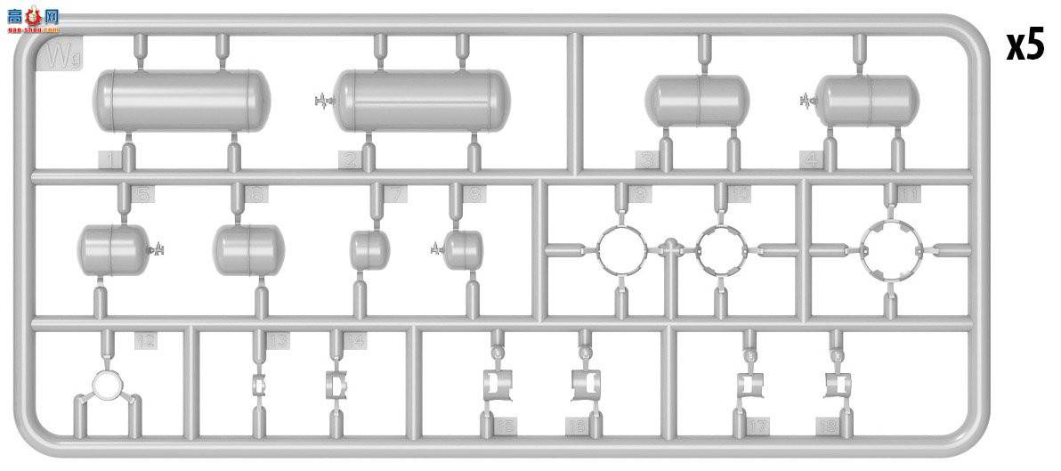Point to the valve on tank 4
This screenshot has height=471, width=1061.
pos(807,100)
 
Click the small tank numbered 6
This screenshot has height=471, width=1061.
pos(248,248)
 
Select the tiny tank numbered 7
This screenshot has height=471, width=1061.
pos(366,249)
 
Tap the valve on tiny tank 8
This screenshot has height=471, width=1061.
pos(437,250)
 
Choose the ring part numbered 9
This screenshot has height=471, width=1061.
pos(620,248)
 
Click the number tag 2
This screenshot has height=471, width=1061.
pos(349,160)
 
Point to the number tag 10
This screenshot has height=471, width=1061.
pos(739,193)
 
